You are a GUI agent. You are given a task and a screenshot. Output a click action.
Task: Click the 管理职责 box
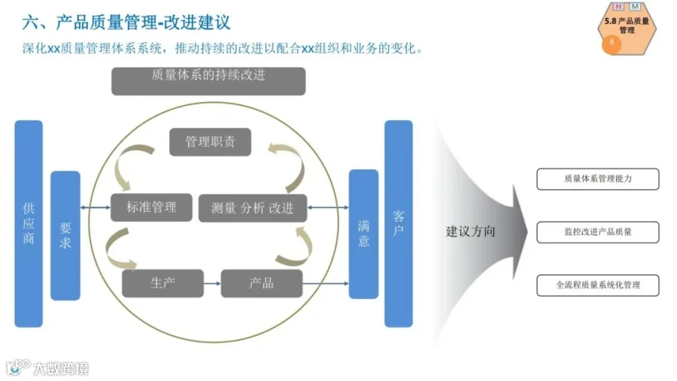[210, 142]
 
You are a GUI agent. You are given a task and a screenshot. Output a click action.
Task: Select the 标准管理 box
[151, 207]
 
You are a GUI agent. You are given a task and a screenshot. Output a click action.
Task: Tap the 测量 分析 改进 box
[253, 208]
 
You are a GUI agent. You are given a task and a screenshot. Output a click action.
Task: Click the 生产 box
[162, 283]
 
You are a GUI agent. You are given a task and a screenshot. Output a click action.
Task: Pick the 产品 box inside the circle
[262, 283]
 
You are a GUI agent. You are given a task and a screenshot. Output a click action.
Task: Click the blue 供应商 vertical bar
[29, 223]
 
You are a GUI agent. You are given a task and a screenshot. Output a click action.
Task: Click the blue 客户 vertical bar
[399, 223]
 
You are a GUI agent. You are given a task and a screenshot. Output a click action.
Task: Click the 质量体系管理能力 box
[597, 179]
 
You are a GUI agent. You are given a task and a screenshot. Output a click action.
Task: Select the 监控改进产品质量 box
[597, 232]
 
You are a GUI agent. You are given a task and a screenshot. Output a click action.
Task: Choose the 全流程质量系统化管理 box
[597, 286]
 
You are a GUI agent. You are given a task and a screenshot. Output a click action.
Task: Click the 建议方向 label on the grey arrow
[471, 231]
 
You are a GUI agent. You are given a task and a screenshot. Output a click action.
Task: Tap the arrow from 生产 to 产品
[212, 283]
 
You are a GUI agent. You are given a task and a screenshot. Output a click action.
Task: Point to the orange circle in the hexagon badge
[612, 43]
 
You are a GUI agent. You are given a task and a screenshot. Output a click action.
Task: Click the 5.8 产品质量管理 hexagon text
[627, 26]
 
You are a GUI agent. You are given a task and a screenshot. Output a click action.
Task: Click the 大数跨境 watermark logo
[48, 368]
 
